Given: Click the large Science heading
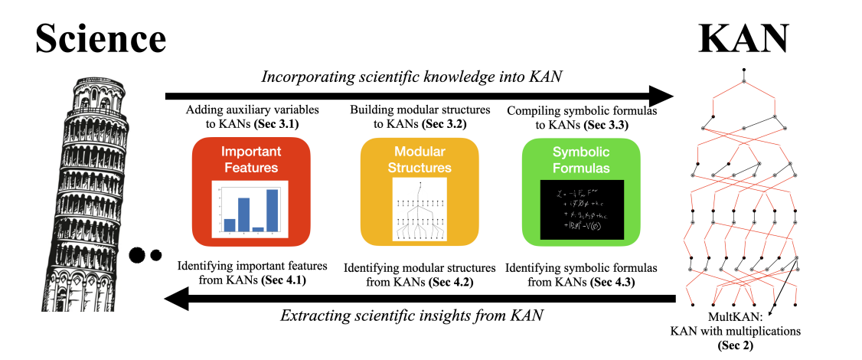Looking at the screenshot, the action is click(100, 37).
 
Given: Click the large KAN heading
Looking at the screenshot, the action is click(744, 37).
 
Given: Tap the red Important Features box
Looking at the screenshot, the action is click(250, 188).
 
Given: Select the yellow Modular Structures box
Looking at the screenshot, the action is click(420, 188).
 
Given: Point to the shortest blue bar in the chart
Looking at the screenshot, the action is click(257, 228).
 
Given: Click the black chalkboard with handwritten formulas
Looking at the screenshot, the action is click(582, 208).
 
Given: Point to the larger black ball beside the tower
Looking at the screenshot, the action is click(139, 256).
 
